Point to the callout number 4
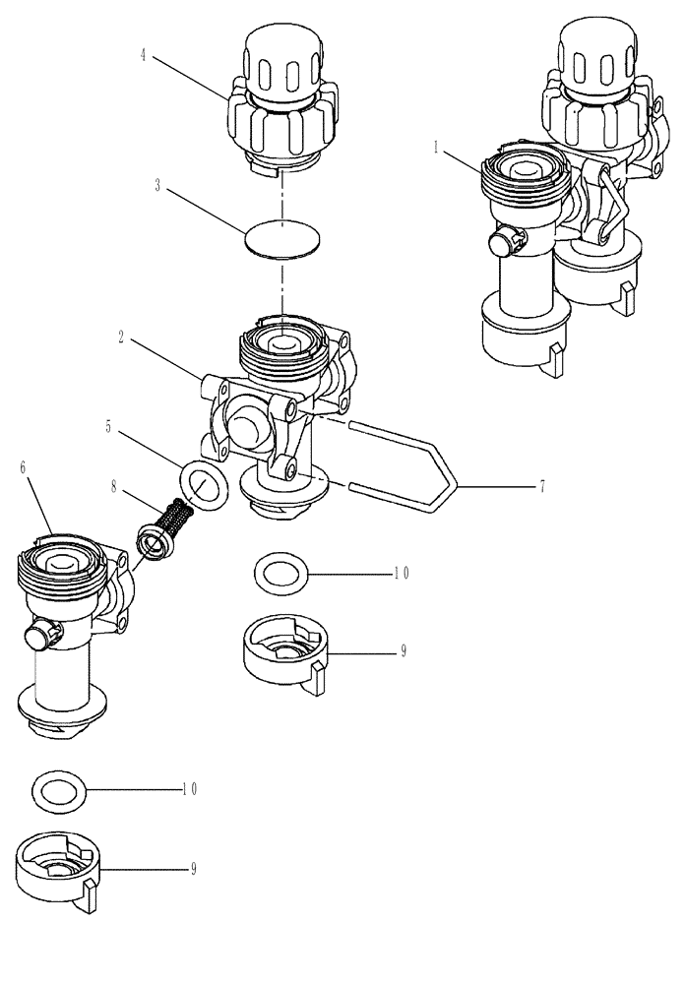click(143, 55)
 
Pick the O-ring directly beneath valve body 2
click(280, 573)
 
